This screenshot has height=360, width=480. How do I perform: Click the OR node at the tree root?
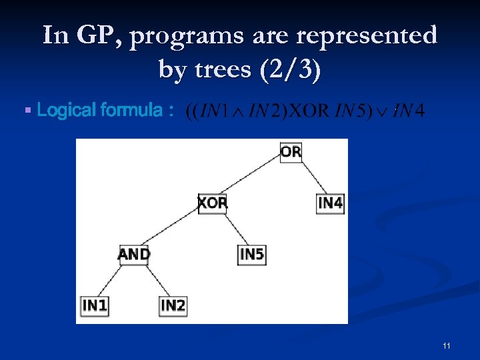click(x=291, y=152)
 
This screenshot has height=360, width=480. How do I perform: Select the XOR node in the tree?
click(x=212, y=203)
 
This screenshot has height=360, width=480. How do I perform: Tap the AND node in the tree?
click(x=133, y=254)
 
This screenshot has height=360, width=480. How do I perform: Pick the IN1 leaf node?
click(x=94, y=305)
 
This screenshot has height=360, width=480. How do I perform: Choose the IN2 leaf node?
click(x=173, y=305)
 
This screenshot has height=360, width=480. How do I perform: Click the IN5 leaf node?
click(x=251, y=254)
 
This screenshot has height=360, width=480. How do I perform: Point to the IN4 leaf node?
click(x=330, y=203)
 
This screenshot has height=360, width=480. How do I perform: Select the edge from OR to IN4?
click(x=311, y=177)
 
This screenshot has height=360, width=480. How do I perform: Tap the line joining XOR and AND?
click(x=173, y=228)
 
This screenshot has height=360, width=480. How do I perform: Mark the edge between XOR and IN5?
click(x=232, y=229)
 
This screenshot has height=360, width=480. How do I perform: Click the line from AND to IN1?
click(x=114, y=280)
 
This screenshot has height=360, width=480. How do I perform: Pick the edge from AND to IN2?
click(x=153, y=280)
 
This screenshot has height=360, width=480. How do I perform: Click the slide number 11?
click(x=446, y=345)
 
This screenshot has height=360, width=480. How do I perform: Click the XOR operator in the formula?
click(x=311, y=111)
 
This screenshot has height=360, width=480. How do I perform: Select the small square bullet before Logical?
click(x=27, y=109)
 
